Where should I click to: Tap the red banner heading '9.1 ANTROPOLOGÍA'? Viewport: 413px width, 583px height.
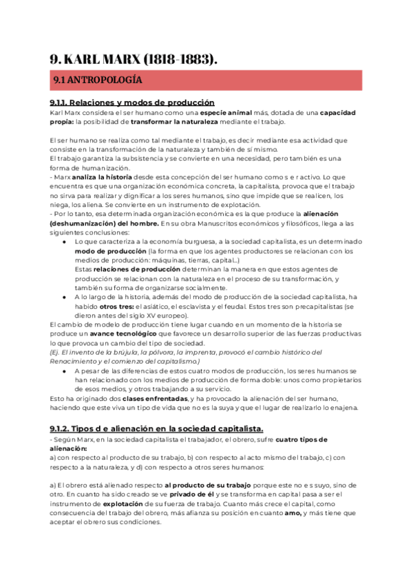tap(98, 80)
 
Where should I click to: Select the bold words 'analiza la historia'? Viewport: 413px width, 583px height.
tap(94, 177)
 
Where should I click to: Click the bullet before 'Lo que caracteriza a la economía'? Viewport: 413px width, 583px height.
tap(64, 242)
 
